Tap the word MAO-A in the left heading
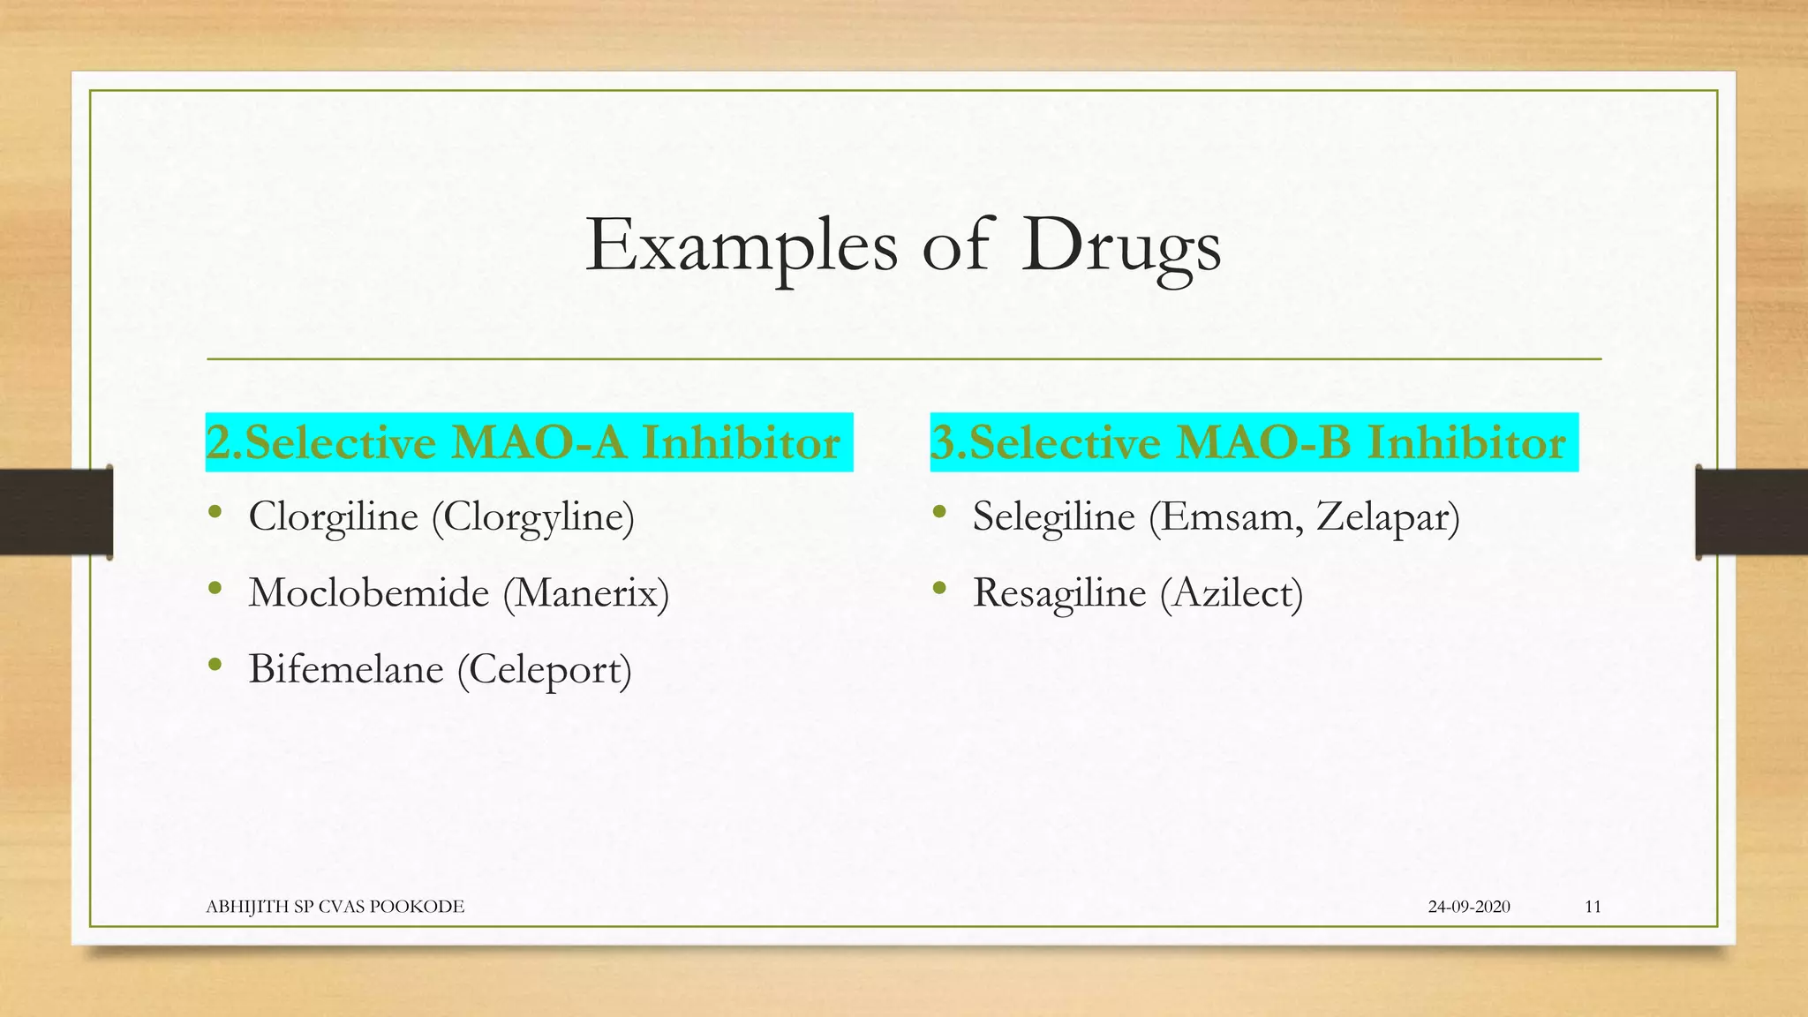pos(539,442)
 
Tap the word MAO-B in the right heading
pos(1263,442)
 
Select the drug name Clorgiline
pos(333,516)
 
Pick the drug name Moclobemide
pos(368,592)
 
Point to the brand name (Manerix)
pos(586,592)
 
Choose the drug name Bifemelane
pos(345,669)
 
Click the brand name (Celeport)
pos(545,670)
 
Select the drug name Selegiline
pos(1053,516)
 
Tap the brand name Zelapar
pos(1386,517)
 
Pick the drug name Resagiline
pos(1058,592)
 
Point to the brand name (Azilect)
pos(1232,592)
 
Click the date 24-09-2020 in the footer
pos(1469,907)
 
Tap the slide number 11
pos(1593,907)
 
